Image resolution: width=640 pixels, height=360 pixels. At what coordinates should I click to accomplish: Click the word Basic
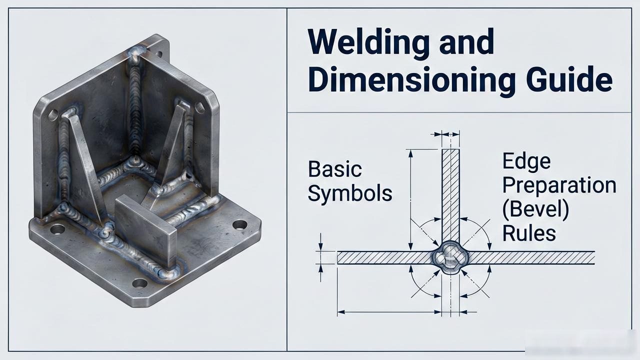click(x=335, y=169)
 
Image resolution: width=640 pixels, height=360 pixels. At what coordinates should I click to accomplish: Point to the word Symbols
click(x=349, y=193)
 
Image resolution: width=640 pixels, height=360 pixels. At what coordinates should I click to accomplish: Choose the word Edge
click(x=526, y=161)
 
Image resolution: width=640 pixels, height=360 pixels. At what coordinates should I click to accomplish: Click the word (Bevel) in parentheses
click(x=535, y=209)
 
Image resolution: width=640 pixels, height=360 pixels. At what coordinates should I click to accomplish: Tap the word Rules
click(x=529, y=233)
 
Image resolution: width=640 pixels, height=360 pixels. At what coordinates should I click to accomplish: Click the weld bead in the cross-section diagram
click(x=450, y=257)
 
